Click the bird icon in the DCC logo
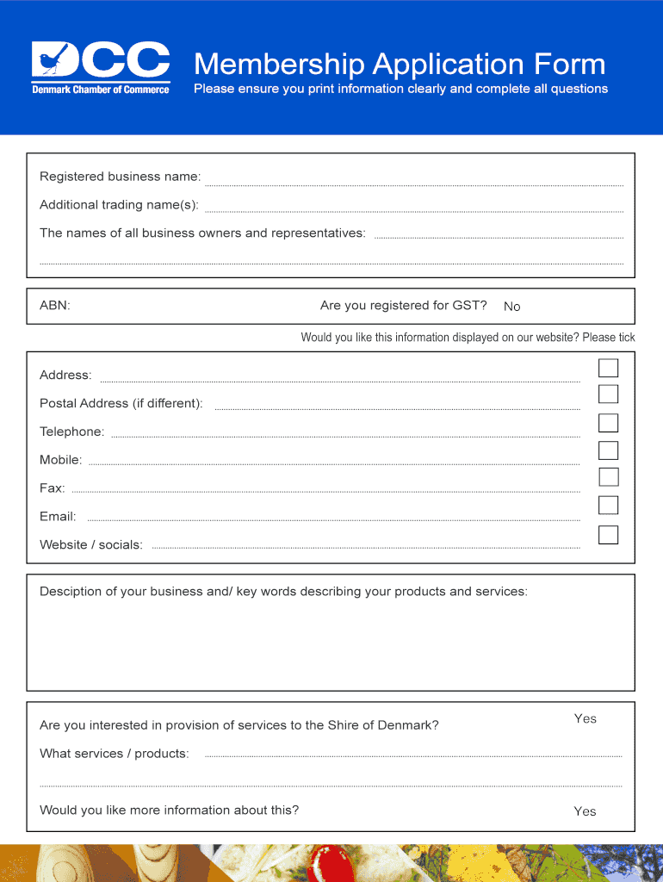49,60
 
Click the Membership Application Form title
400,65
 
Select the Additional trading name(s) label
119,205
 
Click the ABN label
55,306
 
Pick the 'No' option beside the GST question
512,307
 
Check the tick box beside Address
609,368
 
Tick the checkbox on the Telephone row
609,423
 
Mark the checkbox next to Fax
609,477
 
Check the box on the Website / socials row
609,534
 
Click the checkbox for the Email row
609,506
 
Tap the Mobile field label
61,460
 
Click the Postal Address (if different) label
121,403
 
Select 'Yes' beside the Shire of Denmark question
586,719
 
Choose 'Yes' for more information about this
586,811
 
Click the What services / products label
115,754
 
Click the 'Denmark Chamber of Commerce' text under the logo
101,90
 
